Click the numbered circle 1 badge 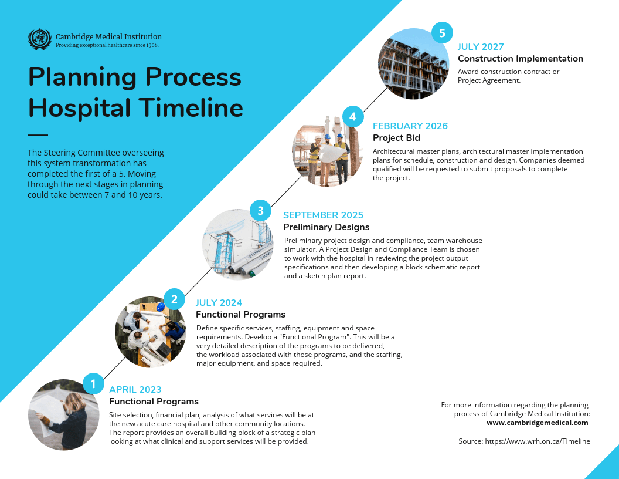pos(93,383)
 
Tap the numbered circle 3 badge pos(260,210)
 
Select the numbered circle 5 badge pos(442,32)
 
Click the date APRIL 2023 pos(135,390)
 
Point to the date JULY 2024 pos(219,303)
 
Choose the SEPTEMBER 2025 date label pos(323,215)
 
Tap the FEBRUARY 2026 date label pos(410,126)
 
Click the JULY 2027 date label pos(481,47)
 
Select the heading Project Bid pos(396,138)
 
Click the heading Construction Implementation pos(521,59)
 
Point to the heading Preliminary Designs pos(326,227)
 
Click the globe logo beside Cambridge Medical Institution pos(40,39)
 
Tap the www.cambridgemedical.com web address pos(537,422)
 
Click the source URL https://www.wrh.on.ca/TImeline pos(524,441)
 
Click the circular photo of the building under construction pos(414,63)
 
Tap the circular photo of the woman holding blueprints pos(64,414)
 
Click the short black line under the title pos(38,134)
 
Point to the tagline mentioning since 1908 pos(107,45)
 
